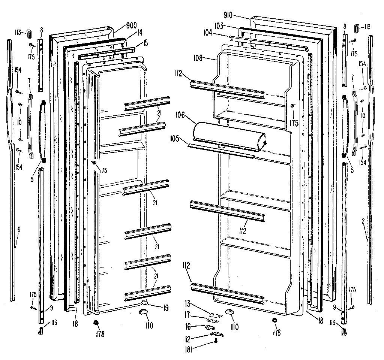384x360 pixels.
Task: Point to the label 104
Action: pos(218,33)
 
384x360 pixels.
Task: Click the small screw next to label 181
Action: pos(216,340)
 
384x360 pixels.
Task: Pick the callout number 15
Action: pos(145,43)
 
